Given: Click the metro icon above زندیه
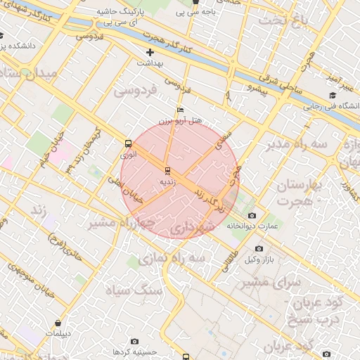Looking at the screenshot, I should tap(167, 171).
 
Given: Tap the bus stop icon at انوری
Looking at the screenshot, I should tap(128, 143).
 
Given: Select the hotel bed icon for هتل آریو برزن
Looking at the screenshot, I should tap(181, 110).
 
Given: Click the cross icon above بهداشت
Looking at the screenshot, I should tap(149, 53).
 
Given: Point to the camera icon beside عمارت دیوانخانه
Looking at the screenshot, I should tap(252, 215).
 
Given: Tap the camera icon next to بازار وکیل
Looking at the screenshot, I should tap(259, 248).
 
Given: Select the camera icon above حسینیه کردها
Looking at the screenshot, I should tap(134, 341).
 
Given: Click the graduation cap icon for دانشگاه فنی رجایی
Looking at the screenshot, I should tap(332, 96).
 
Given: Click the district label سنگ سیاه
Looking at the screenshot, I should tap(134, 289).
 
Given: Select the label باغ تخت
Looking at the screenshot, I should tap(282, 20).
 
